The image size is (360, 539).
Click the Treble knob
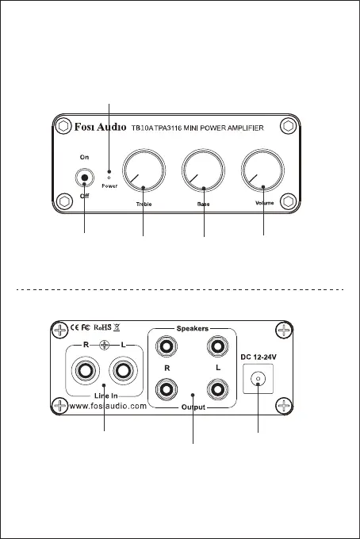click(144, 170)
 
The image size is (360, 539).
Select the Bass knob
click(203, 170)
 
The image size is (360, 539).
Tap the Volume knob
click(262, 170)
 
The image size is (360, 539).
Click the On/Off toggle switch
click(84, 178)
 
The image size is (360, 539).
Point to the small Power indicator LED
click(109, 178)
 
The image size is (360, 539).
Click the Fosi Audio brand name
click(101, 127)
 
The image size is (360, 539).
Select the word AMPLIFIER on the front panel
click(246, 128)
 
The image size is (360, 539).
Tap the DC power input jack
click(258, 379)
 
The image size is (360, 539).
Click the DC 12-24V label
click(259, 357)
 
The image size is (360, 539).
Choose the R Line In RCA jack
click(86, 370)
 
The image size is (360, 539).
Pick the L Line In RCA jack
click(123, 370)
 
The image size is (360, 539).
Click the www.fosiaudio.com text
click(108, 406)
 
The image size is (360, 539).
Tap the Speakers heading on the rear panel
click(193, 329)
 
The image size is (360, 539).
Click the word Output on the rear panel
click(193, 407)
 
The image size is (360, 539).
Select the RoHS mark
click(102, 327)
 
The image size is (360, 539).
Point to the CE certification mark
click(75, 327)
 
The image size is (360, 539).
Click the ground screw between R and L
click(105, 345)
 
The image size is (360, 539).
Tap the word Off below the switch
click(84, 196)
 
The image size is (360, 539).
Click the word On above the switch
click(84, 157)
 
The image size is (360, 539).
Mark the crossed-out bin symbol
click(117, 327)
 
